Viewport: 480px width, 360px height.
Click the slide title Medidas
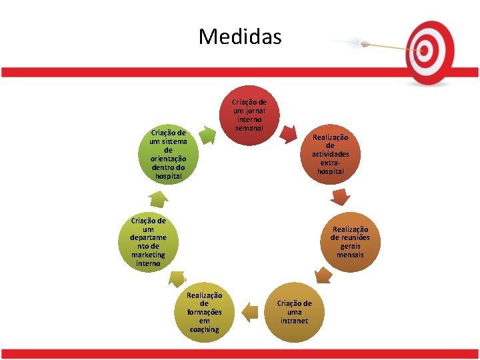pyautogui.click(x=240, y=36)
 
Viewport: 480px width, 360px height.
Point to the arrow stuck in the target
pyautogui.click(x=380, y=45)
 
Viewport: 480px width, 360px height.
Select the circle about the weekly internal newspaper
pyautogui.click(x=248, y=115)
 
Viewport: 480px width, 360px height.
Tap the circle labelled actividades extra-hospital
pyautogui.click(x=330, y=153)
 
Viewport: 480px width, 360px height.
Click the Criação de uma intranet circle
pyautogui.click(x=294, y=312)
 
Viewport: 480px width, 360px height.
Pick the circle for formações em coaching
pyautogui.click(x=204, y=311)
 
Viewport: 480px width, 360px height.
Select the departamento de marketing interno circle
pyautogui.click(x=148, y=241)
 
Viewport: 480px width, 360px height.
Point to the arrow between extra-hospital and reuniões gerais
pyautogui.click(x=341, y=196)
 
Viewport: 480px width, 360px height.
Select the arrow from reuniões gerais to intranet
pyautogui.click(x=323, y=274)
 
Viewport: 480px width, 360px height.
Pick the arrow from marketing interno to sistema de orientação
pyautogui.click(x=158, y=198)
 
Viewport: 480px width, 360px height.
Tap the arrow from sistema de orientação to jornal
pyautogui.click(x=208, y=136)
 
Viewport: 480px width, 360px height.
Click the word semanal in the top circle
pyautogui.click(x=248, y=127)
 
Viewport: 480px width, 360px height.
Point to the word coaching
pyautogui.click(x=204, y=329)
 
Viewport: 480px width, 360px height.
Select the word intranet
pyautogui.click(x=294, y=321)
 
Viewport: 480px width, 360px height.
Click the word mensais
pyautogui.click(x=350, y=255)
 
